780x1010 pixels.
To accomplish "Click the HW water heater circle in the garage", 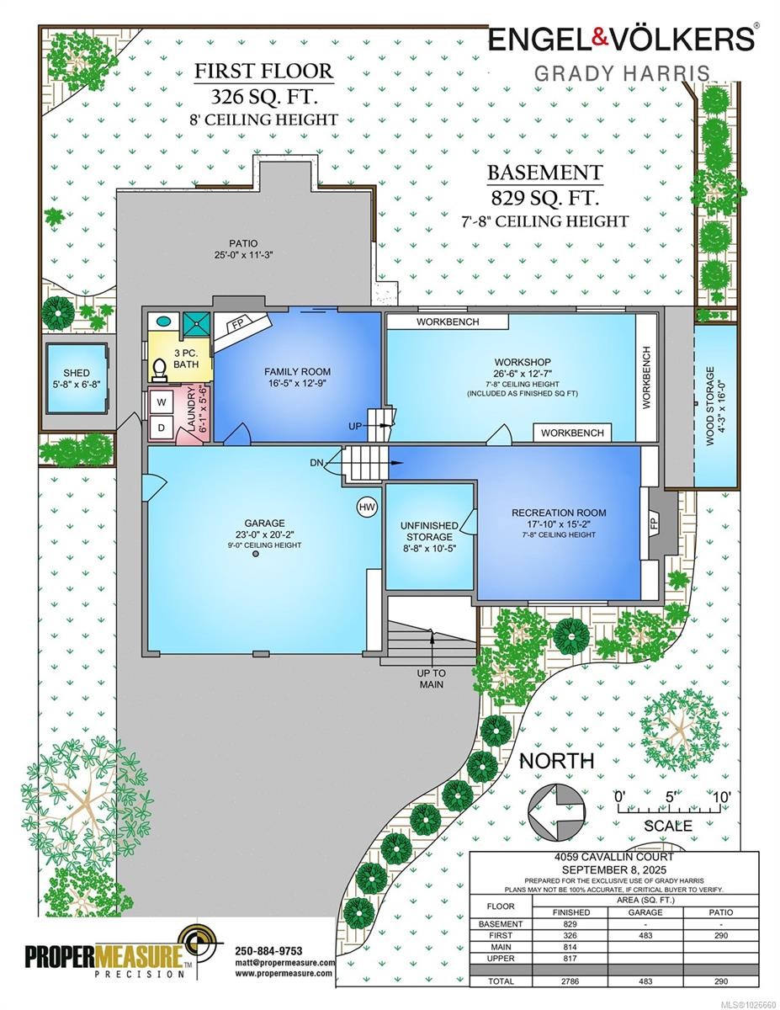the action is pyautogui.click(x=367, y=508).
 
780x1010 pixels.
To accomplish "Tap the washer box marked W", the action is pyautogui.click(x=162, y=402).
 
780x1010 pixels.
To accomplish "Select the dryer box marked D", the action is pyautogui.click(x=162, y=428).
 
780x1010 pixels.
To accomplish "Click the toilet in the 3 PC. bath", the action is pyautogui.click(x=159, y=369).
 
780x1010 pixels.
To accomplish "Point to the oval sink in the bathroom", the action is pyautogui.click(x=163, y=321).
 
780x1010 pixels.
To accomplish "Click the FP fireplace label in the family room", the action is pyautogui.click(x=238, y=324).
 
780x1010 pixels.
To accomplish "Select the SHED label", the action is pyautogui.click(x=77, y=373).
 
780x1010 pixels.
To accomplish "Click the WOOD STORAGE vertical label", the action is pyautogui.click(x=709, y=407).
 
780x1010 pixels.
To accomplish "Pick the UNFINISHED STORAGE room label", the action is pyautogui.click(x=429, y=531).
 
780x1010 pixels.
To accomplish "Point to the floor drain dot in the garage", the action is pyautogui.click(x=255, y=554).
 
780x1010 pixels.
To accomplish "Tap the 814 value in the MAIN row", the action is pyautogui.click(x=570, y=947).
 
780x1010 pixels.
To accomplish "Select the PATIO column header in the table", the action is pyautogui.click(x=721, y=912).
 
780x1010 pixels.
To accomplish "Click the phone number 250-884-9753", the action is pyautogui.click(x=269, y=951).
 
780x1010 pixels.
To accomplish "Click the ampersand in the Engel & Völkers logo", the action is pyautogui.click(x=600, y=38).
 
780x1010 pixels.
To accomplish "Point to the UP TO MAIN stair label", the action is pyautogui.click(x=432, y=678).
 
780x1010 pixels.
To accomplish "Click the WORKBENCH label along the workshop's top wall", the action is pyautogui.click(x=448, y=322).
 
